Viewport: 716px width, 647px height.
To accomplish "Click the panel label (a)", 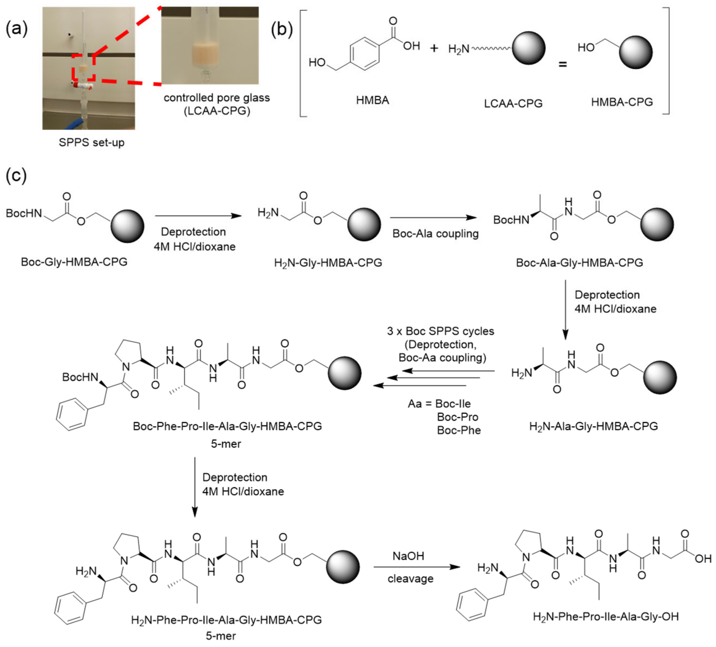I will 16,29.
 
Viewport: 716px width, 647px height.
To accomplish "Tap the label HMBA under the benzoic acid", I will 373,100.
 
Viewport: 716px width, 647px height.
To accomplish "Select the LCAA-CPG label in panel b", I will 513,104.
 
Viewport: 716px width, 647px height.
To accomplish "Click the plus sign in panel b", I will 434,48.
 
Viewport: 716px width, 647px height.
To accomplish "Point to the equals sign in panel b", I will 563,65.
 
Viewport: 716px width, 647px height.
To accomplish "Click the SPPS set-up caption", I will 92,143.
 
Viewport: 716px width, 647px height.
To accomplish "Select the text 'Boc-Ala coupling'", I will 435,234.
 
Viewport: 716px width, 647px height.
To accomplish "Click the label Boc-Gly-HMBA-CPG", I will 74,262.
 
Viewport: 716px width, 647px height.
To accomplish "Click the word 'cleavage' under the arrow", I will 411,579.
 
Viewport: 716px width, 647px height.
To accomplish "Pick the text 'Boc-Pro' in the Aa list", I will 458,417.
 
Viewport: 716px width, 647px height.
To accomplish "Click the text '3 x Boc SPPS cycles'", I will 440,331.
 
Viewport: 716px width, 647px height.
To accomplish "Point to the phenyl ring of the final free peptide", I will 472,605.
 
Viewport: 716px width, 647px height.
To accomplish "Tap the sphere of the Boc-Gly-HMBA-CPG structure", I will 127,226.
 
